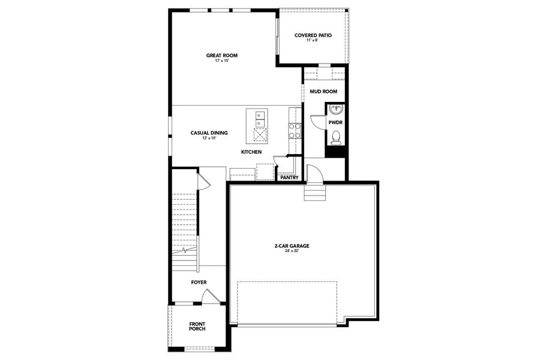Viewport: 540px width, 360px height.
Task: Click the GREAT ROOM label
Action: point(222,55)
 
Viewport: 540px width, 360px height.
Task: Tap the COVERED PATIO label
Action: point(313,35)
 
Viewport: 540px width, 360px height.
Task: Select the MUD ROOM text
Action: point(323,92)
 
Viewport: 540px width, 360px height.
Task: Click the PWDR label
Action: point(335,122)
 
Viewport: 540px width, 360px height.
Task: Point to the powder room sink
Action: point(335,110)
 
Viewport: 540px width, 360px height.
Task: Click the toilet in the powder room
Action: point(335,137)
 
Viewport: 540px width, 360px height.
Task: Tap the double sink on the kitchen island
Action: point(260,119)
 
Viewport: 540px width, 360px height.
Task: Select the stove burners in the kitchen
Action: point(295,131)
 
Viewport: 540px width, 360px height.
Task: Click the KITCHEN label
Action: point(251,152)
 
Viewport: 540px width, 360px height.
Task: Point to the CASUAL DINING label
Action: point(209,133)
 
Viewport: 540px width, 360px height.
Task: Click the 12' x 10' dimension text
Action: point(209,139)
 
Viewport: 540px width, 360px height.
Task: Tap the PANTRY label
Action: point(289,178)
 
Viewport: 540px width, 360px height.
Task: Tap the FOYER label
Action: point(199,282)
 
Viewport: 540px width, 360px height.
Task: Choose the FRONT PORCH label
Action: point(197,326)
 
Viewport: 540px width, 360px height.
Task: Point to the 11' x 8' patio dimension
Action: point(313,41)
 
